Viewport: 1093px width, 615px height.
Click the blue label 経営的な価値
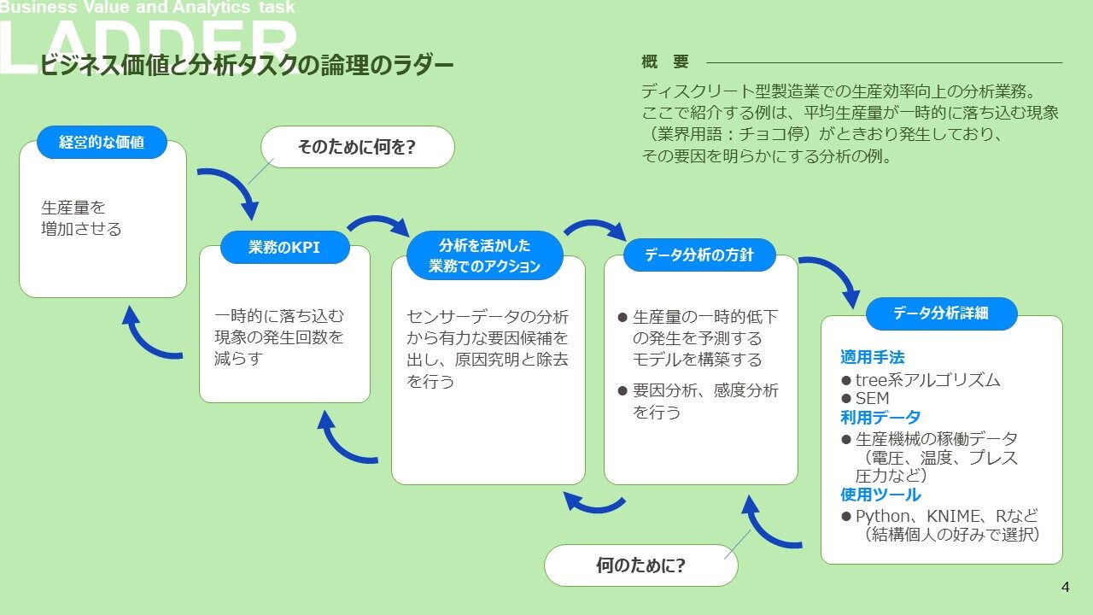pos(102,143)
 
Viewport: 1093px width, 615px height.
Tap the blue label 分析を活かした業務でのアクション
pos(484,255)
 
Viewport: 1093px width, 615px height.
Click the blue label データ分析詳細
pos(941,313)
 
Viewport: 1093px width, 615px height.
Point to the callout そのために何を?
pos(357,147)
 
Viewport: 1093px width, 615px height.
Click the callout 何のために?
pos(640,565)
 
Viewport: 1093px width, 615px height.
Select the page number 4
pos(1065,587)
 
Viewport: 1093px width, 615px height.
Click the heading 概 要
pos(664,62)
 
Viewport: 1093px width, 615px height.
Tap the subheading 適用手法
pos(872,357)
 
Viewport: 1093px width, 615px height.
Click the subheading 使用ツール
pos(880,495)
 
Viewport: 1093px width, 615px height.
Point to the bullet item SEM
pos(872,399)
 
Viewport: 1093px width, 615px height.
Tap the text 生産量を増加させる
pos(81,218)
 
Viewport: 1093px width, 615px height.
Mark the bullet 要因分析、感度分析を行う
pos(704,401)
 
